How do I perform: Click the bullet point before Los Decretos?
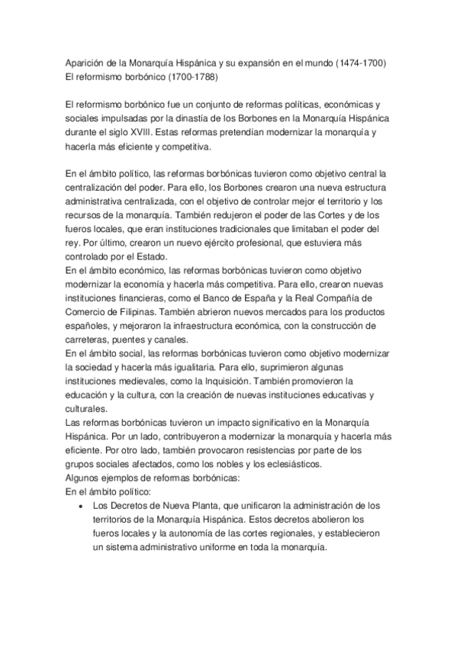tap(81, 505)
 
